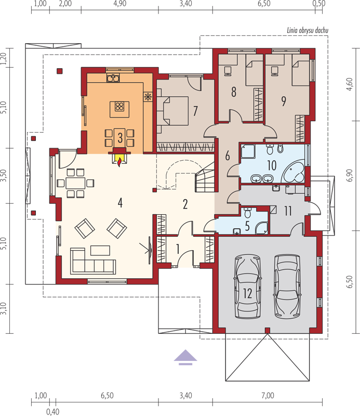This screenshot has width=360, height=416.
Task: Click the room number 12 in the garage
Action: pyautogui.click(x=247, y=293)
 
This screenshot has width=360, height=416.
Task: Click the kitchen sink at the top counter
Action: pyautogui.click(x=113, y=77)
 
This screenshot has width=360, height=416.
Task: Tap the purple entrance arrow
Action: pyautogui.click(x=185, y=357)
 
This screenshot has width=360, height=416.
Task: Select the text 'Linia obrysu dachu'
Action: pyautogui.click(x=308, y=31)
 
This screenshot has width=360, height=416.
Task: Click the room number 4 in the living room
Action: pyautogui.click(x=120, y=203)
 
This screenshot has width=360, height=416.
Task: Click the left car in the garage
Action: pyautogui.click(x=247, y=287)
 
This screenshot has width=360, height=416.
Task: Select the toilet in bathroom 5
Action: pyautogui.click(x=248, y=212)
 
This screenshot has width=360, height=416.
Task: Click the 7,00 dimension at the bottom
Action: pyautogui.click(x=268, y=396)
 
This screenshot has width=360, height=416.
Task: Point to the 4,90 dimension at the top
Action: pyautogui.click(x=120, y=4)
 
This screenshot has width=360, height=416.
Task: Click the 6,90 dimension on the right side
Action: pyautogui.click(x=350, y=175)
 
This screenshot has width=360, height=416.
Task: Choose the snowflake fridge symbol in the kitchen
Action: pyautogui.click(x=148, y=97)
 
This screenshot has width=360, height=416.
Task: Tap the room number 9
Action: pyautogui.click(x=284, y=101)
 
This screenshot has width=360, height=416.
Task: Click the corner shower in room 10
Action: pyautogui.click(x=248, y=151)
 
